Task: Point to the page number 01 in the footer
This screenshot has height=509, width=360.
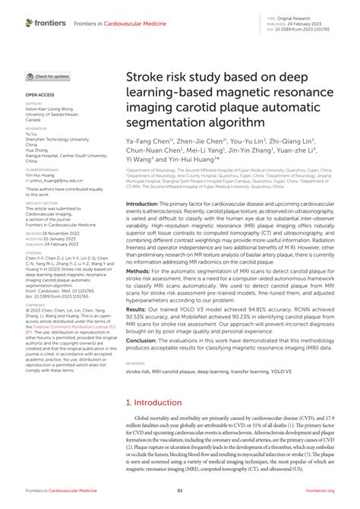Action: pos(180,498)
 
